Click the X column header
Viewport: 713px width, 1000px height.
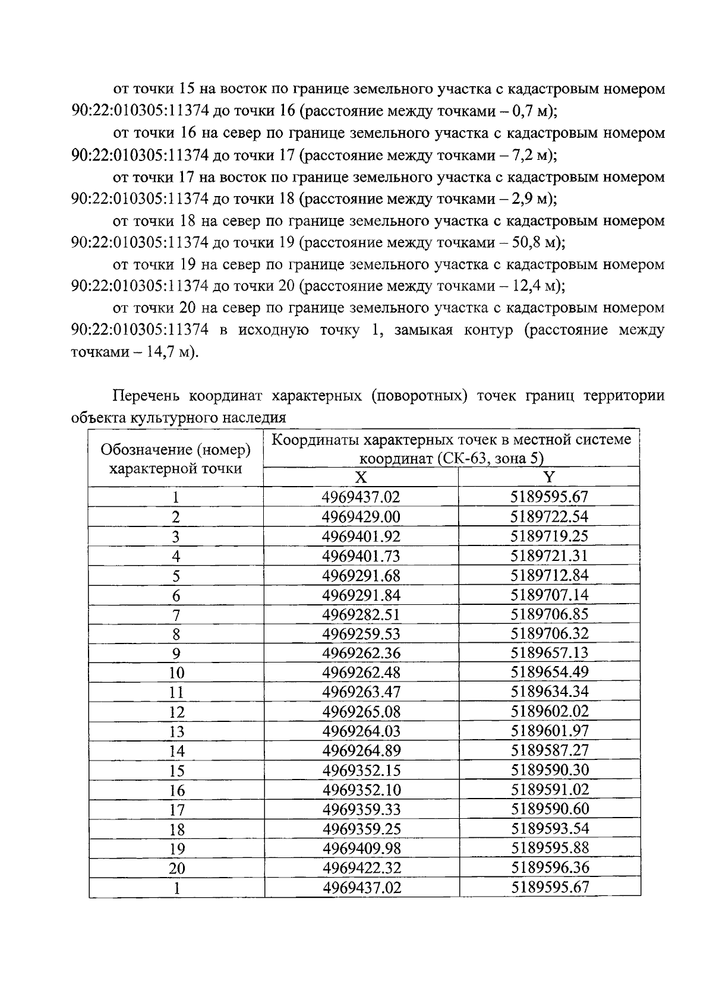[361, 478]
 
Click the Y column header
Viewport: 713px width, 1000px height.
[550, 478]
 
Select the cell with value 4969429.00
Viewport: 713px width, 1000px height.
[361, 517]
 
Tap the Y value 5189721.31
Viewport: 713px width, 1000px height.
[550, 556]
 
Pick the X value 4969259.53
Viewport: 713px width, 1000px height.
[361, 634]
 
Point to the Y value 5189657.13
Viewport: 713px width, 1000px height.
[550, 653]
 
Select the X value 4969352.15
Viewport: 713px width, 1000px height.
[361, 771]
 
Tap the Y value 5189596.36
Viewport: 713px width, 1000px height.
[550, 867]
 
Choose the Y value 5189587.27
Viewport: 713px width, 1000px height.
[550, 750]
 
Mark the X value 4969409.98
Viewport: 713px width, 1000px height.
[361, 848]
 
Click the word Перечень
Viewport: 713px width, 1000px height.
[147, 396]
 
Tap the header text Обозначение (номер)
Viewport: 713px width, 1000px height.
[175, 450]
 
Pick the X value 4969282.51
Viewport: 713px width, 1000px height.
[361, 614]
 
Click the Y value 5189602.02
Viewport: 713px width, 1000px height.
[550, 712]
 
